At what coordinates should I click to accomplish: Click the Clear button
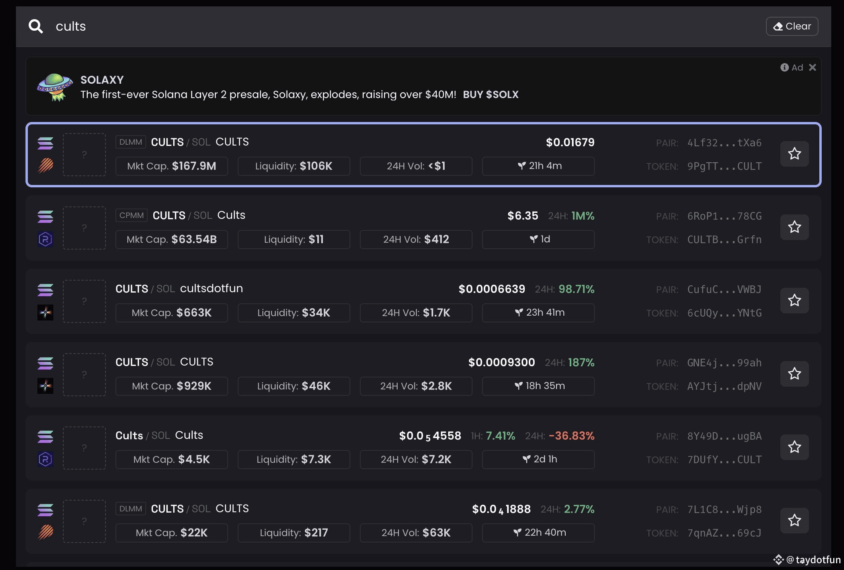coord(792,26)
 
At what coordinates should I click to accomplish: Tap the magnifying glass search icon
coord(35,26)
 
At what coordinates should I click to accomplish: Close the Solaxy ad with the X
coord(813,67)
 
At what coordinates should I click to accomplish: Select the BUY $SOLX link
coord(490,94)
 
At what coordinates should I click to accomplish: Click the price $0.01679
coord(570,142)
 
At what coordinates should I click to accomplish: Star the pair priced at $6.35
coord(794,227)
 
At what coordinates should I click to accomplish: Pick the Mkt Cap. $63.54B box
coord(172,239)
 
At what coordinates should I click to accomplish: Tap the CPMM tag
coord(131,215)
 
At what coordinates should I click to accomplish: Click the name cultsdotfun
coord(211,288)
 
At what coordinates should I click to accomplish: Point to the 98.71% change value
coord(576,289)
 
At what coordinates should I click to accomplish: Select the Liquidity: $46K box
coord(294,386)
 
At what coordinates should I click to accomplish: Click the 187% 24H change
coord(581,362)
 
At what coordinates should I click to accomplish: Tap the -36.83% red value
coord(571,436)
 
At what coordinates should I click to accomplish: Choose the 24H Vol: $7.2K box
coord(416,459)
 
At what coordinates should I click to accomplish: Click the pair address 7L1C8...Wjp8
coord(724,509)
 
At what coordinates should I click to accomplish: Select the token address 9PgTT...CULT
coord(724,166)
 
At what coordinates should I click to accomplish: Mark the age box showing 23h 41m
coord(538,313)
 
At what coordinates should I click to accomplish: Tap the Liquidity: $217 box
coord(294,533)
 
